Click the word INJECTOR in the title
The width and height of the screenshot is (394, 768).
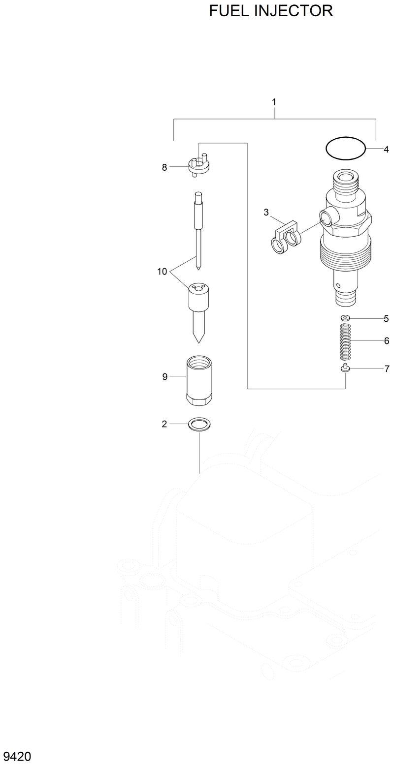(294, 10)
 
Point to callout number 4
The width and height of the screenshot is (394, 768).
(386, 149)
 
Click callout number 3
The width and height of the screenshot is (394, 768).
(266, 213)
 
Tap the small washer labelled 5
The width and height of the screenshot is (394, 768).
(345, 318)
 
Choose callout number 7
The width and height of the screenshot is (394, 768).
(387, 369)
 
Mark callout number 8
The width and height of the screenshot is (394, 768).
(164, 167)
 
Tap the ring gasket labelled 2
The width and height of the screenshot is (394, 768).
(199, 424)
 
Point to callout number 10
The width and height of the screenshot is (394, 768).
(163, 271)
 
